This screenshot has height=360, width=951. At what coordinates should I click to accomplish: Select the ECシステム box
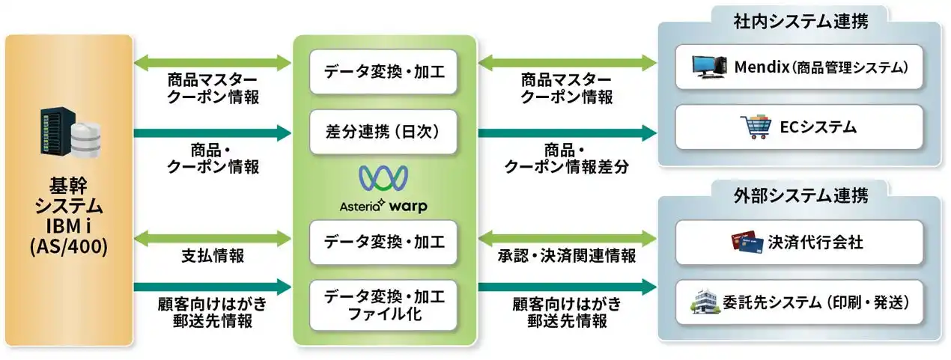798,127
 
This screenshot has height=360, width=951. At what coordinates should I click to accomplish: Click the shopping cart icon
753,127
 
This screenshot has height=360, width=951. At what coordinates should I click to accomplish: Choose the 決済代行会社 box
798,242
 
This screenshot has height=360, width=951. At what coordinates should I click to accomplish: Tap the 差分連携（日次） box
383,132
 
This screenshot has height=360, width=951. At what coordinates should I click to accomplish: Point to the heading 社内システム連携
800,22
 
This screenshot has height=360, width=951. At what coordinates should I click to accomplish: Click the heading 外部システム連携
800,197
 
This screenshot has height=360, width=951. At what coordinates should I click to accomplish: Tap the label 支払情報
212,256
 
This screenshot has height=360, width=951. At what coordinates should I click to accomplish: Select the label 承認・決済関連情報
567,256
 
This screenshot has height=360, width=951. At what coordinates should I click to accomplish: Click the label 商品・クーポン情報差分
567,159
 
